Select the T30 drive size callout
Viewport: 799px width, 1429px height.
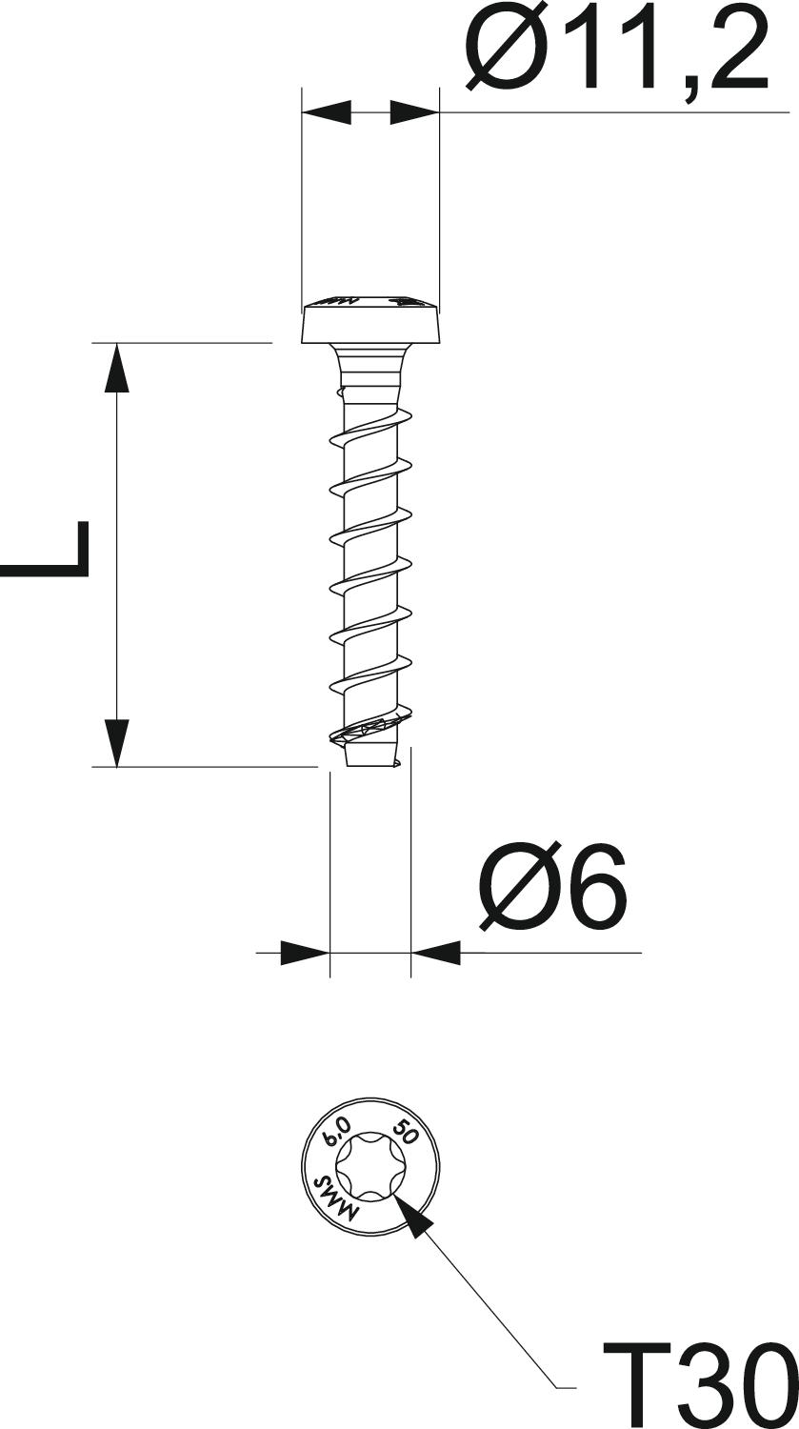tap(700, 1385)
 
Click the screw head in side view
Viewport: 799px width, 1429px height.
tap(370, 321)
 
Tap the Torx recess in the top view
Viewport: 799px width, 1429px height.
tap(370, 1167)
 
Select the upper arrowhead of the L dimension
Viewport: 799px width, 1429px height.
tap(116, 368)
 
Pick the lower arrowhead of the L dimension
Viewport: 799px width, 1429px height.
tap(116, 742)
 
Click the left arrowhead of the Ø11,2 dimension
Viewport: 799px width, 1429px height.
tap(327, 112)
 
